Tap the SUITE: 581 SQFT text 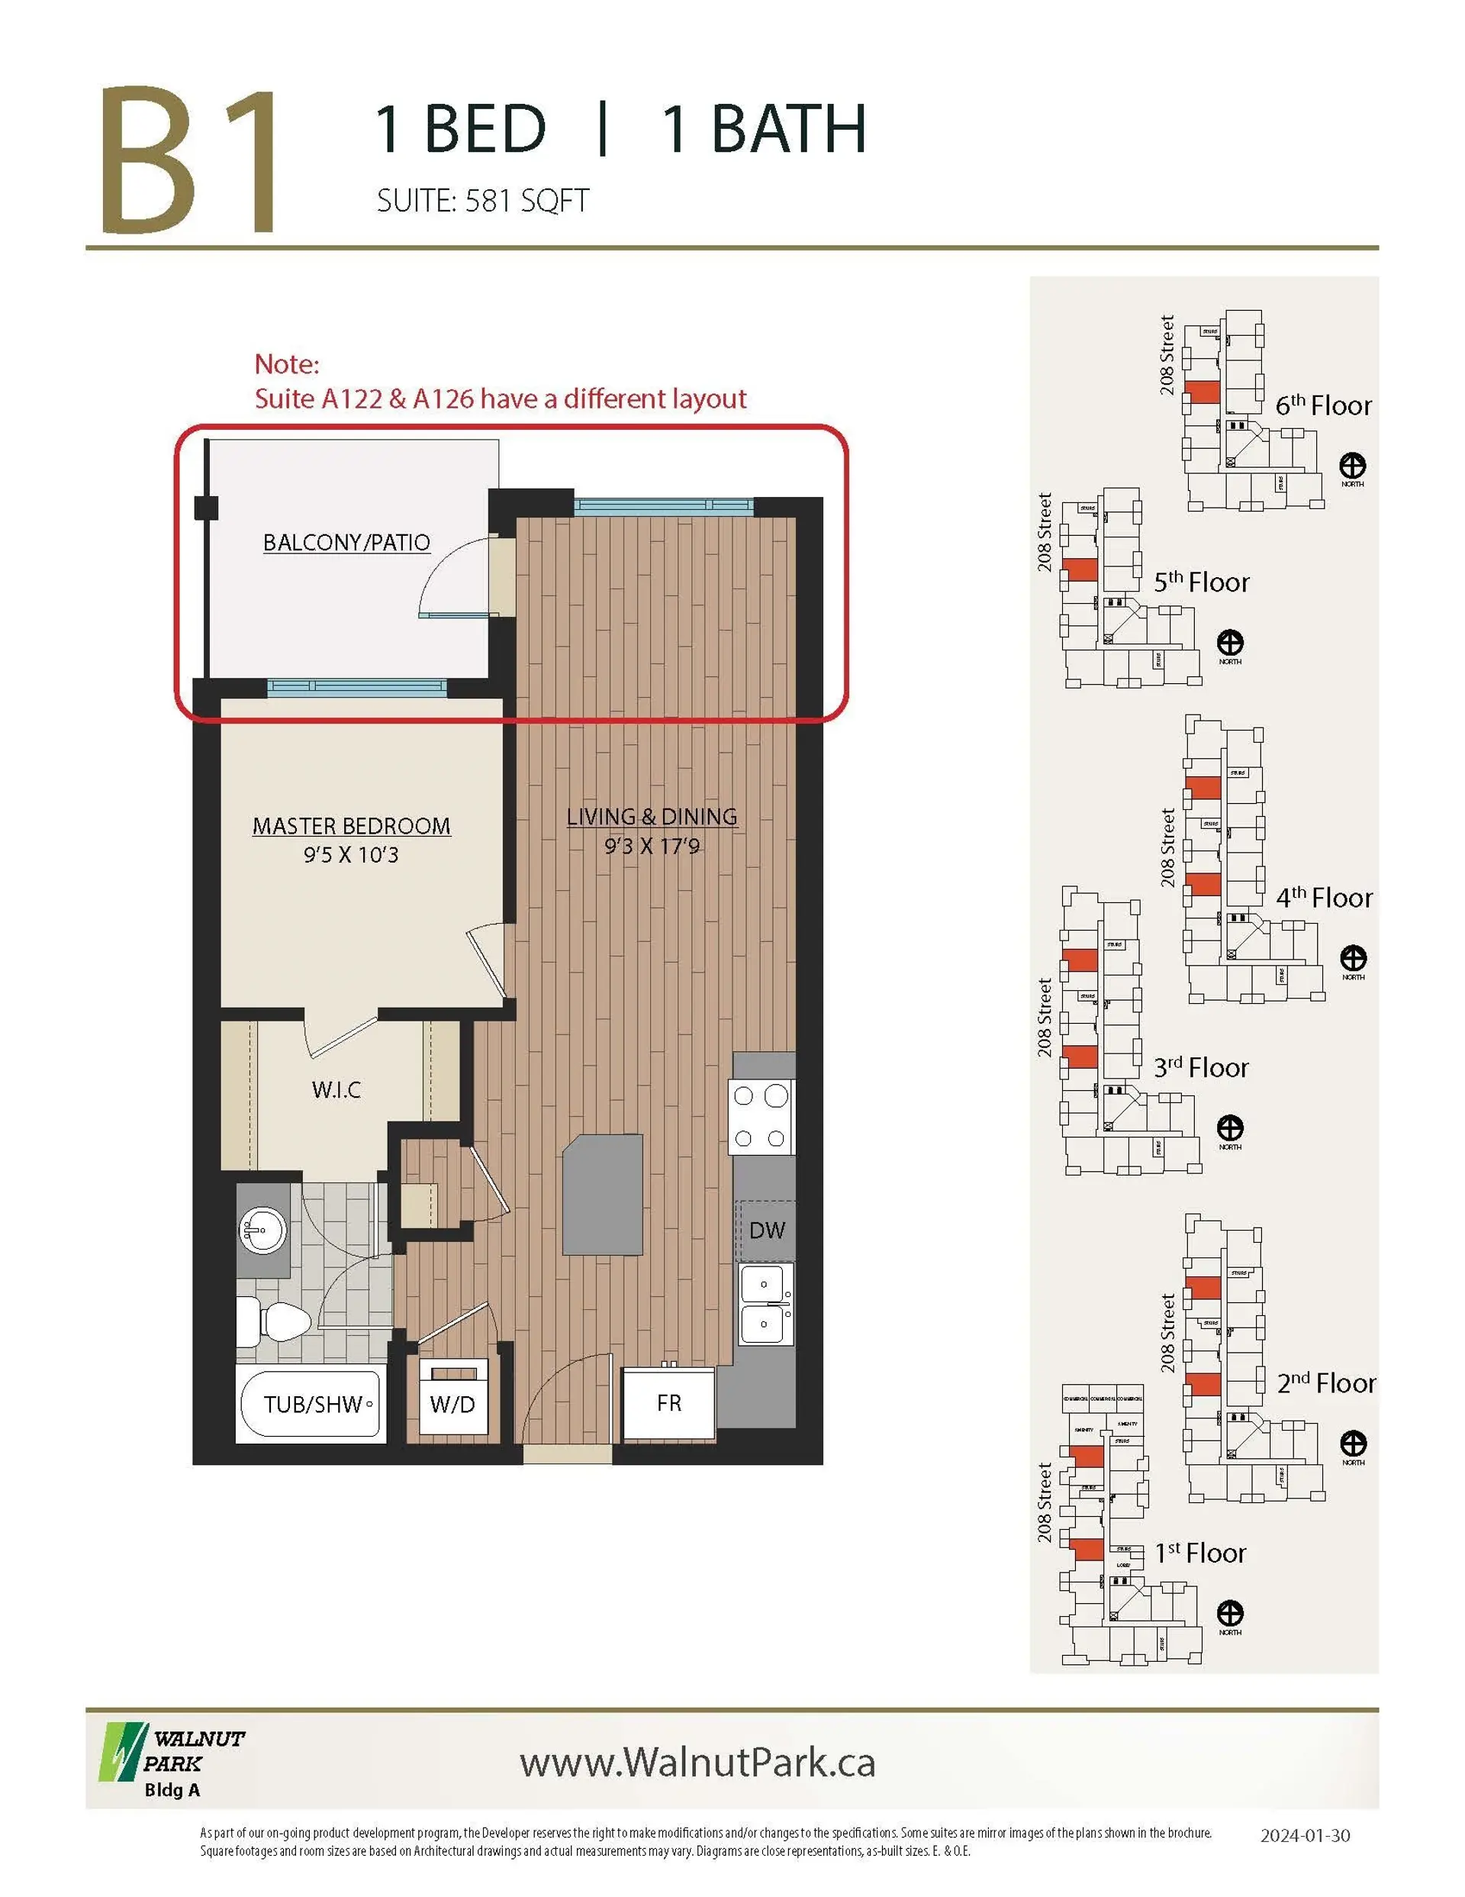pos(483,202)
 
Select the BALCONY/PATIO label pos(346,543)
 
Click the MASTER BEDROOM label pos(351,826)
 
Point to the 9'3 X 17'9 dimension pos(652,846)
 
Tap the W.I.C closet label pos(336,1090)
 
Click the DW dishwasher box pos(766,1230)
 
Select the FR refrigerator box pos(668,1403)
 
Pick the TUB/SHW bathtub pos(311,1405)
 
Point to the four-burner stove pos(761,1117)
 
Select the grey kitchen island pos(604,1195)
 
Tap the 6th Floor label pos(1323,405)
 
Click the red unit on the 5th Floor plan pos(1081,569)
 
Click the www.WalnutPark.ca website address pos(697,1763)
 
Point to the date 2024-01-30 pos(1304,1835)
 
